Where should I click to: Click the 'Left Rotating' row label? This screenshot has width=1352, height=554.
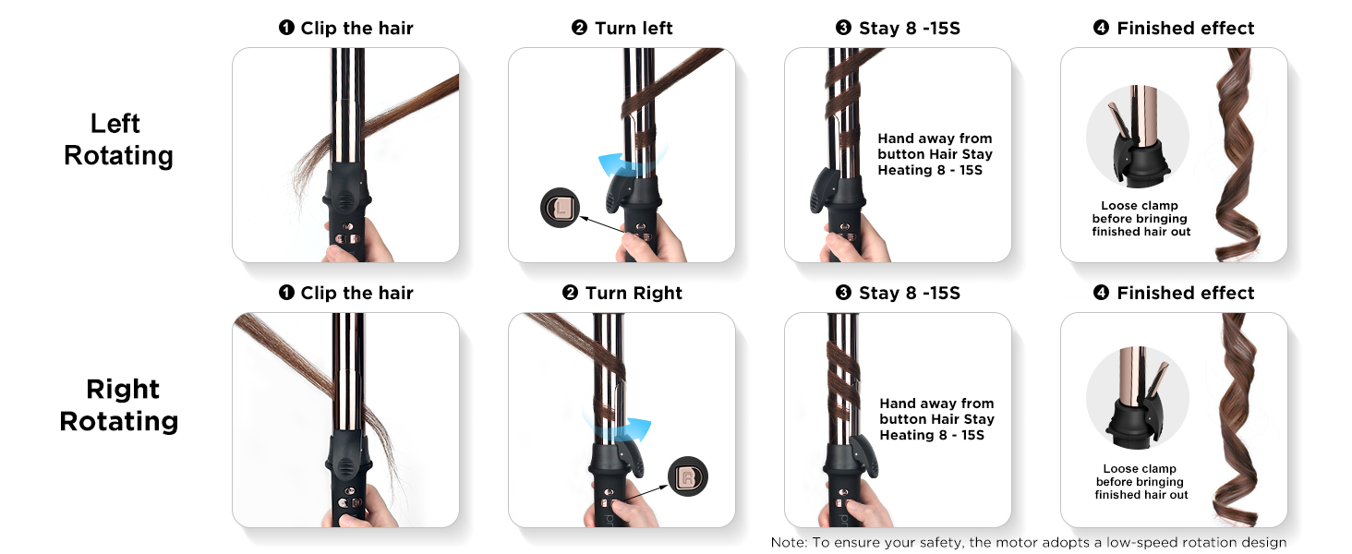click(117, 139)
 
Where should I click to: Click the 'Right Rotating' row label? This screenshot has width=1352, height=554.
click(120, 404)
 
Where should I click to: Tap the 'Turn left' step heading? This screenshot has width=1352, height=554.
click(622, 28)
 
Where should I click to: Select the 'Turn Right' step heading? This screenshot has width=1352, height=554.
click(622, 293)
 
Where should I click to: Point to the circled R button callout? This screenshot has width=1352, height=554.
click(688, 476)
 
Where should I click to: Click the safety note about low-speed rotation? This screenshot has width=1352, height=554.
click(1028, 543)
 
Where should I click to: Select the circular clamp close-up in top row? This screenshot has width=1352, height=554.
click(1137, 138)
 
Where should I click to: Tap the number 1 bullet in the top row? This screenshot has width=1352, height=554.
click(286, 28)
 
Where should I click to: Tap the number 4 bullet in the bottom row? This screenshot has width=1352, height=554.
click(1100, 293)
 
